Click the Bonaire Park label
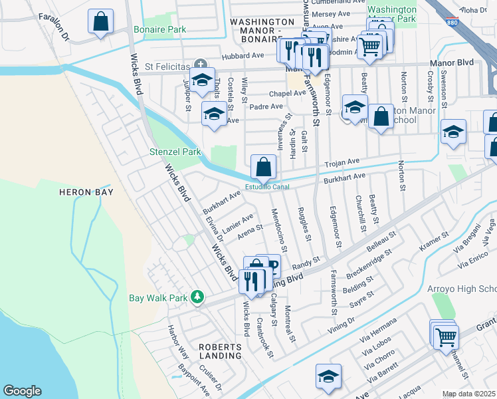(159, 30)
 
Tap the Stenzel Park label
(175, 152)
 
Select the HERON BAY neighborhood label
(86, 192)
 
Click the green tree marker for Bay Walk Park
(197, 297)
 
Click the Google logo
(22, 391)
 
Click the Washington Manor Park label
(392, 15)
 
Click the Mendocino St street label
(279, 230)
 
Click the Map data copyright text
(469, 394)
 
